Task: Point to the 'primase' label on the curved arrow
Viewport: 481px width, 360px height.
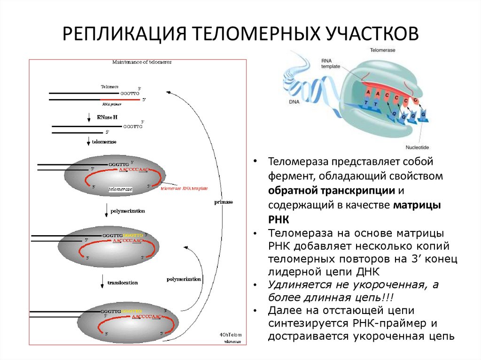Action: pos(224,201)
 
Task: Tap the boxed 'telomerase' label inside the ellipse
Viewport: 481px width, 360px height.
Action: pos(120,189)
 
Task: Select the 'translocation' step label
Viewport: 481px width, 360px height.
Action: pos(123,283)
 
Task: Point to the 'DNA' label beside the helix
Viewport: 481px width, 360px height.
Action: pos(294,100)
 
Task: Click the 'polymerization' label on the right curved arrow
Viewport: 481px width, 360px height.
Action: pos(184,279)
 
